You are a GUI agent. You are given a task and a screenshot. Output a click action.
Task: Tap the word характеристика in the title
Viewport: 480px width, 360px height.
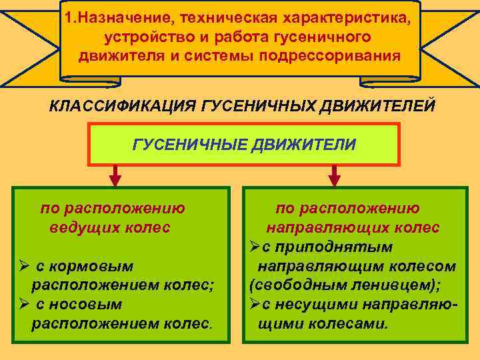coord(342,18)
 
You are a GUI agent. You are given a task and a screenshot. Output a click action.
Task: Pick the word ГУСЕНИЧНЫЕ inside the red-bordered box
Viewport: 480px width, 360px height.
coord(190,145)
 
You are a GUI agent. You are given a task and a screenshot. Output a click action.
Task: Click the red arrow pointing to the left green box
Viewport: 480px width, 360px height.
coord(115,175)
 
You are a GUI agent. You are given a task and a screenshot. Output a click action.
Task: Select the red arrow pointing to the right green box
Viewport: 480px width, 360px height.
coord(335,175)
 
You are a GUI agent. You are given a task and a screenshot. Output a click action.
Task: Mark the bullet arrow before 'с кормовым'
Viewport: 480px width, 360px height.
coord(23,267)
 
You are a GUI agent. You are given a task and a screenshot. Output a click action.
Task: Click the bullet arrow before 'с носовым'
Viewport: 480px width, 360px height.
coord(23,305)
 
